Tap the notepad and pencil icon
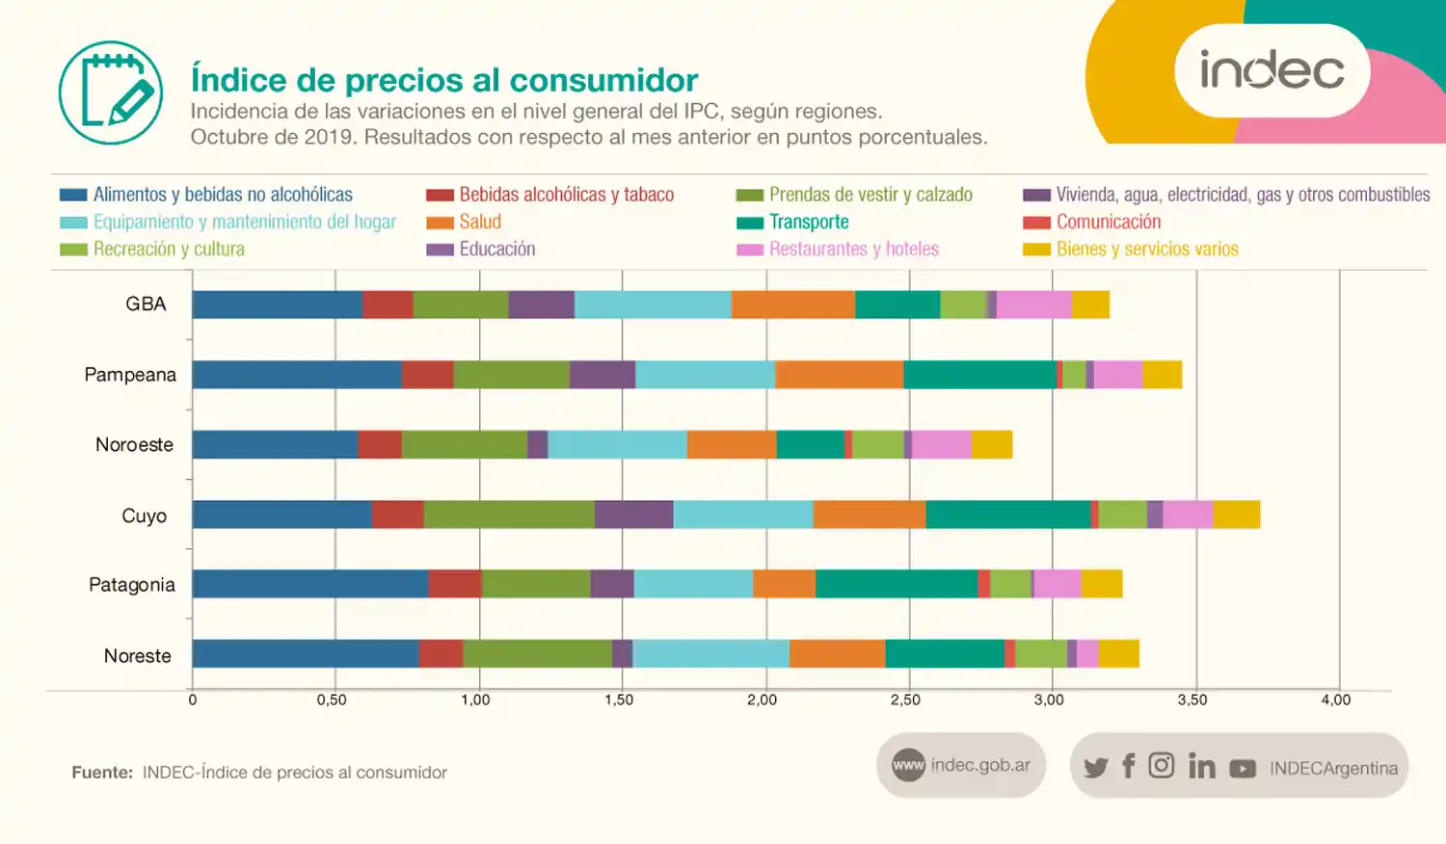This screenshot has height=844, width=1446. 111,92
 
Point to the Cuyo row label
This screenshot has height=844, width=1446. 144,515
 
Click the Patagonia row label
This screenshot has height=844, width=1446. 132,585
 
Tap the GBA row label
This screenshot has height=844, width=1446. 146,303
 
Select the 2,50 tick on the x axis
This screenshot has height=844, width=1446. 905,700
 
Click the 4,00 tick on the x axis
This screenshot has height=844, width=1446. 1335,700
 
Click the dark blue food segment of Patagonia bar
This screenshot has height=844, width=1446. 309,584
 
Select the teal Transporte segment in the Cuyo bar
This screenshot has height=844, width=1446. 1007,514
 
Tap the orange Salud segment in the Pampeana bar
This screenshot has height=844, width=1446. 839,375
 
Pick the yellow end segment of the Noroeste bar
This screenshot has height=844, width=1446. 991,444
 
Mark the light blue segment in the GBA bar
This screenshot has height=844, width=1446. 653,304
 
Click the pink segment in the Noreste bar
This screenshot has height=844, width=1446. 1087,653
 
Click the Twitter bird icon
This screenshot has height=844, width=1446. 1095,767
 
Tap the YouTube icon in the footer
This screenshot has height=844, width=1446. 1243,768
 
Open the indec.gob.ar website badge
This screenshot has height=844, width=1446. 961,765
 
